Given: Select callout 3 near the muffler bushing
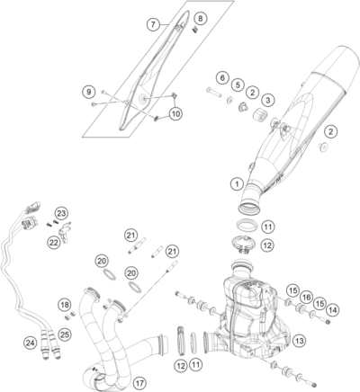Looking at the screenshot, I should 267,99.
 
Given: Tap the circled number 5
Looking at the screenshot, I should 236,85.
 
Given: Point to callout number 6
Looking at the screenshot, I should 221,77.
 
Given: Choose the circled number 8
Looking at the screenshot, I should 200,18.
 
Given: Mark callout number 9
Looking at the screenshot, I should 88,92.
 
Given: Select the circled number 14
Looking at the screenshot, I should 334,309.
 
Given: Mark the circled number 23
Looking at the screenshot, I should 61,213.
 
